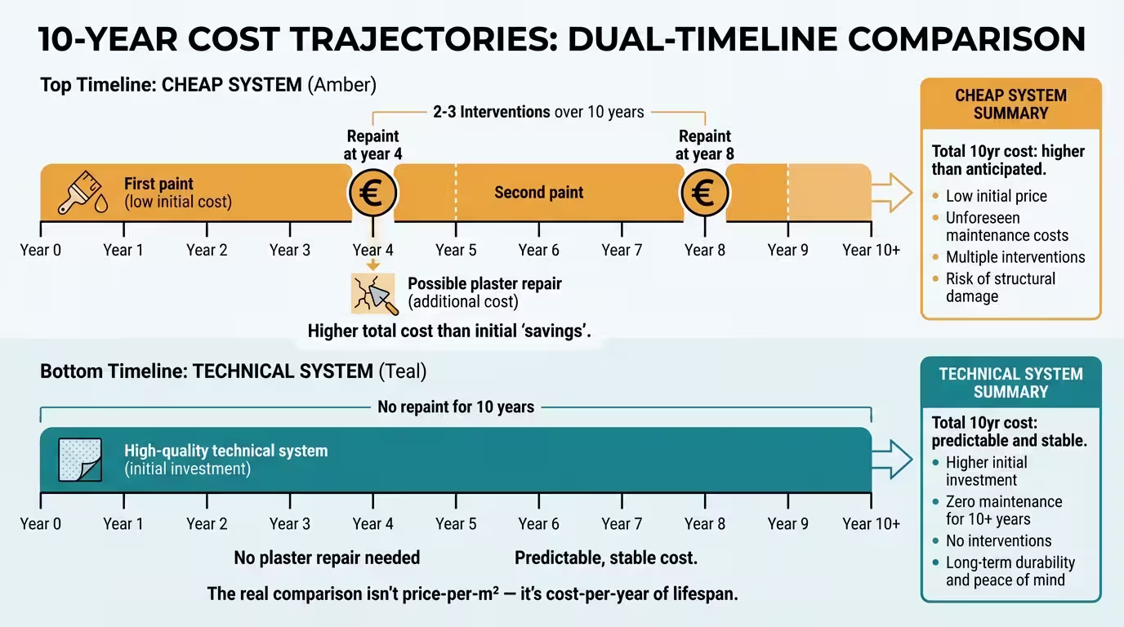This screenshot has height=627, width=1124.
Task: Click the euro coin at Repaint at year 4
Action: [373, 193]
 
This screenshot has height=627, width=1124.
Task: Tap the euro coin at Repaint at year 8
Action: [704, 193]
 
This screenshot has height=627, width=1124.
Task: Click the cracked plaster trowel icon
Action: [374, 294]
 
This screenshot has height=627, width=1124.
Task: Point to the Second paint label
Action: [538, 193]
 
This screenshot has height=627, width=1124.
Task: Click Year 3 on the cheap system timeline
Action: [290, 250]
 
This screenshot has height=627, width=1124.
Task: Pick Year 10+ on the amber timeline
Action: [871, 250]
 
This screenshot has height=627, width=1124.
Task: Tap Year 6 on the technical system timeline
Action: [539, 523]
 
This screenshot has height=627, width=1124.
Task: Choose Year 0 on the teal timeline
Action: [41, 523]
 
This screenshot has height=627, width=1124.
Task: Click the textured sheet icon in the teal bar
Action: [80, 460]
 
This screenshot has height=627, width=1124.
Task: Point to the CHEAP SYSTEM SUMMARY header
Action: [1010, 104]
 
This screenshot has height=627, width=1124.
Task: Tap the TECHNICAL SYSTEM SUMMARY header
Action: [1010, 383]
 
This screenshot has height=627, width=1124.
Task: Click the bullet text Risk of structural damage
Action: [1000, 287]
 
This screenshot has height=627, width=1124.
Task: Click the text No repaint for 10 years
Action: [456, 407]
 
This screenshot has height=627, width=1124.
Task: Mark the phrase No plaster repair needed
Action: [327, 558]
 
